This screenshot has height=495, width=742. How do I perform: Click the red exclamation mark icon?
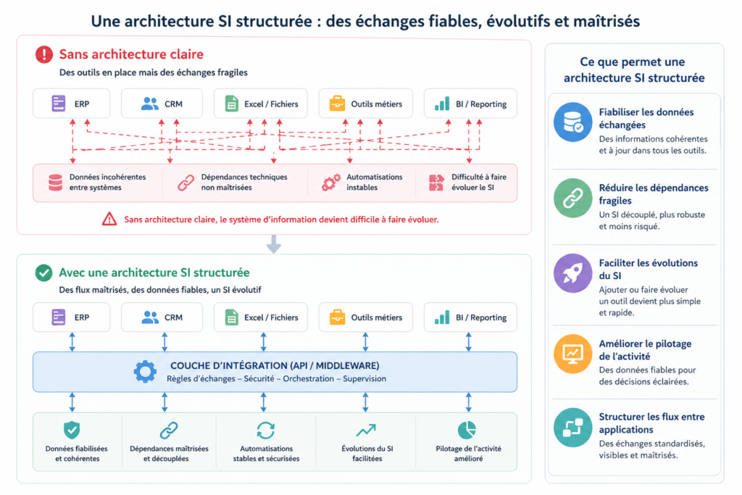coord(44,54)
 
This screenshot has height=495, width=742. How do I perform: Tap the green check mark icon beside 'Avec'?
coord(44,273)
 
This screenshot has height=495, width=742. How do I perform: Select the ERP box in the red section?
coord(71,104)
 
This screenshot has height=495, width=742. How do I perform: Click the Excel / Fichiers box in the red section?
coord(261,104)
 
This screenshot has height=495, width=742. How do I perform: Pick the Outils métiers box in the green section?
coord(365,317)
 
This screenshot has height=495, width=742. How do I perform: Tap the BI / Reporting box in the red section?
coord(470,104)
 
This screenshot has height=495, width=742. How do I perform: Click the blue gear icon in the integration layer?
coord(145,372)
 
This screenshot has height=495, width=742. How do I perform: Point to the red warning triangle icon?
coord(109,219)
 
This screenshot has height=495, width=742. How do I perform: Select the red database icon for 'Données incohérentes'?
coord(55,183)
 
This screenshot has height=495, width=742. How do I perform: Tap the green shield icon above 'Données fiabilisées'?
coord(72,430)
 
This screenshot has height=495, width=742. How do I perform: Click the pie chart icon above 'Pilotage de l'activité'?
coord(467,430)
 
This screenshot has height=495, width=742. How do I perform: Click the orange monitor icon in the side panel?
coord(573,354)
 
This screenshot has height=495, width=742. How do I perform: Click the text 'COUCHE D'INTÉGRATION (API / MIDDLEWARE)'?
coord(275,365)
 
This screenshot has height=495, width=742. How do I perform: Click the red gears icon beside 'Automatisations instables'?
coord(330,183)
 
